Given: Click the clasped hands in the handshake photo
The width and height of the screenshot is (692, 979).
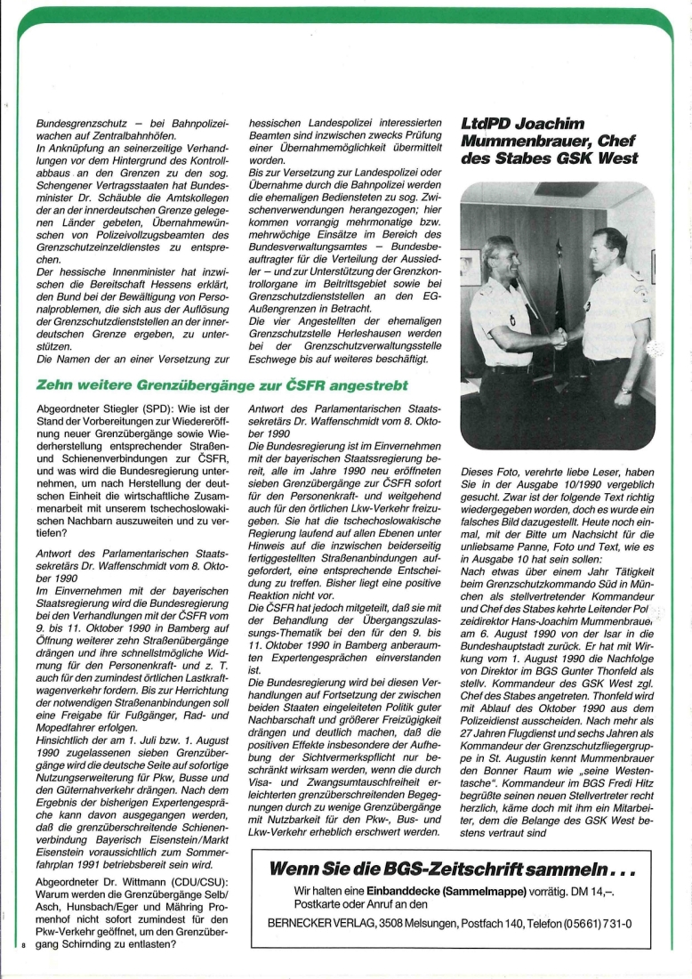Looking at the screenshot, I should tap(559, 336).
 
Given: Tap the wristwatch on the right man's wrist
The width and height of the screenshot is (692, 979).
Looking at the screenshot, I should tap(626, 389).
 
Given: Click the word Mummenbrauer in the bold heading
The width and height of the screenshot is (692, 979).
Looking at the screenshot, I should tap(525, 141).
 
